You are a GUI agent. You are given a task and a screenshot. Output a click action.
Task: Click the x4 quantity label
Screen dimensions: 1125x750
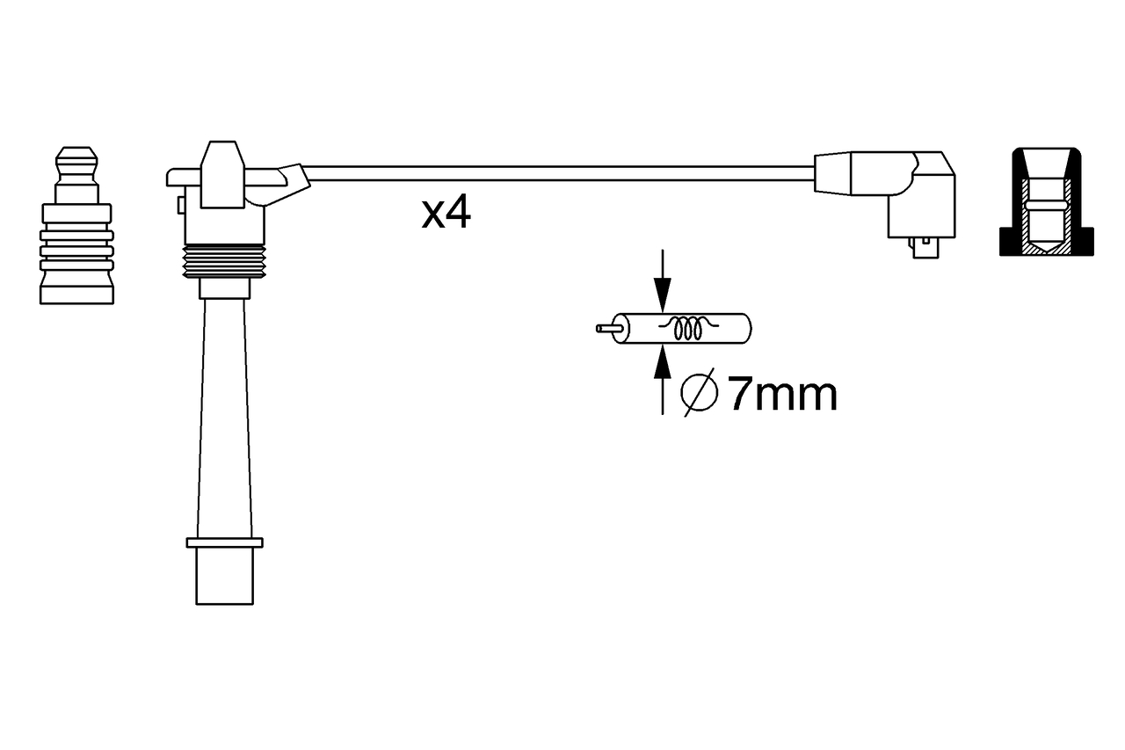(x=446, y=213)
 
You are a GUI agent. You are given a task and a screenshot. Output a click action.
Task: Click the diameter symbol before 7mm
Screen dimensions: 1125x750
(x=699, y=393)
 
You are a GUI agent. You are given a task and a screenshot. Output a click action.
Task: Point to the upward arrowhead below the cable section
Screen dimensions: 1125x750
(x=663, y=361)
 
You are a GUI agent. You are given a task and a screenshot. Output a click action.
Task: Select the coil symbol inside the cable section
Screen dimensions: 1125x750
(x=688, y=328)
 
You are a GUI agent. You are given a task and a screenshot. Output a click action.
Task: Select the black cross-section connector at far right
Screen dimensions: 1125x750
(x=1046, y=202)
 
